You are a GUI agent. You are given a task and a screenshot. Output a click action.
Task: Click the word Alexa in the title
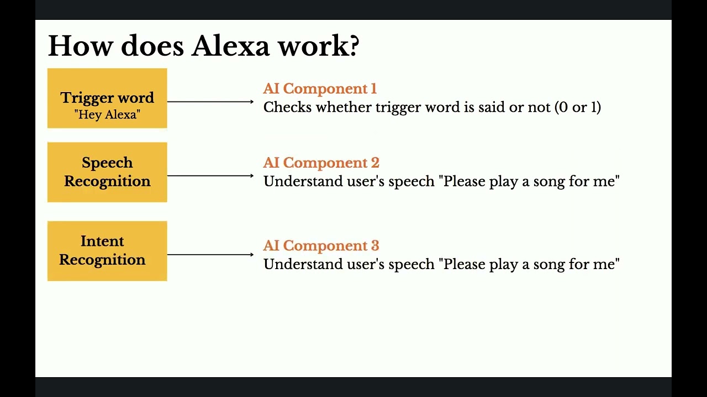pos(231,46)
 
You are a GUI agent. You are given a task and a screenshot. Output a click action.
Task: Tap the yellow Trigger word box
pos(107,98)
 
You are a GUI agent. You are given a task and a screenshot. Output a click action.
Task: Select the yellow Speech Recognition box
pos(107,172)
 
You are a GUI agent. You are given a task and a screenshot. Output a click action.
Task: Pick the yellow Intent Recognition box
pos(107,251)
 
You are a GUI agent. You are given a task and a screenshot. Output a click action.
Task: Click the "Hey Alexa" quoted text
pos(107,115)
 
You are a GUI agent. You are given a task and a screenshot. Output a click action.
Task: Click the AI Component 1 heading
pos(320,89)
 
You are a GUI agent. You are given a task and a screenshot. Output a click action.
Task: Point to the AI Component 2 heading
pos(321,163)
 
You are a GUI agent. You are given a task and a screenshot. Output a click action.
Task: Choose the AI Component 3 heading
pos(321,245)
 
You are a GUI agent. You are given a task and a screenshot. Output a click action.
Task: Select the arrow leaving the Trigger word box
pos(210,101)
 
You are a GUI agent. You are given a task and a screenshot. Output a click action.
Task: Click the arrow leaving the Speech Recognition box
pos(210,175)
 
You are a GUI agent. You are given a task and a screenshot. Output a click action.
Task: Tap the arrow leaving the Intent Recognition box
pos(210,254)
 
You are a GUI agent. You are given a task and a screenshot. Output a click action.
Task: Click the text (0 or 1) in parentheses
pos(577,107)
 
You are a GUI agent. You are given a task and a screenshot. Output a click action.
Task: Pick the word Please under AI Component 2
pos(465,181)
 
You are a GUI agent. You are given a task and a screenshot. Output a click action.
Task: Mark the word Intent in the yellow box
pos(102,242)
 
